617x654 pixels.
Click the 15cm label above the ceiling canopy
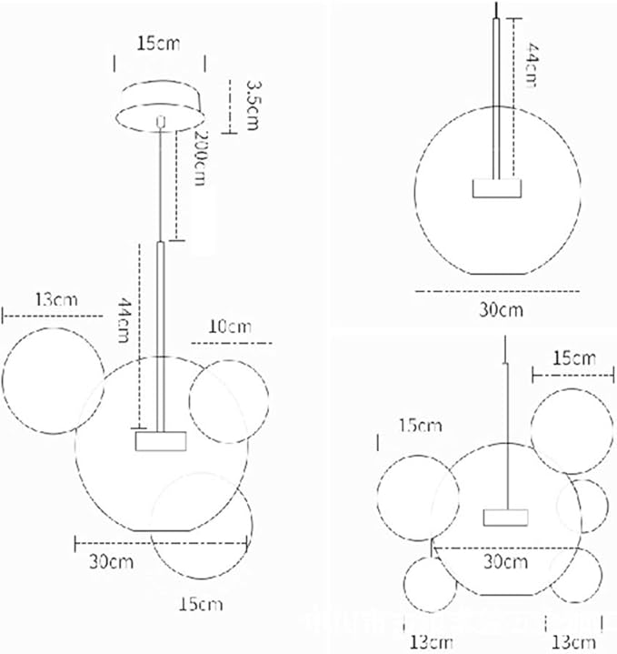[x=157, y=43]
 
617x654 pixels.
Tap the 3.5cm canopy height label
[x=253, y=102]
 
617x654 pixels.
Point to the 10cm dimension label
[x=231, y=327]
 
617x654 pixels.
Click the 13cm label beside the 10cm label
[x=55, y=299]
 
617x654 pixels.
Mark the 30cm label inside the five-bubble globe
[x=506, y=561]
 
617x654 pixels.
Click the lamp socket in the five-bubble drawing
[x=506, y=518]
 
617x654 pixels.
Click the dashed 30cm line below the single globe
[x=497, y=291]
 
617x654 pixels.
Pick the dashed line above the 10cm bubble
[x=233, y=342]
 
